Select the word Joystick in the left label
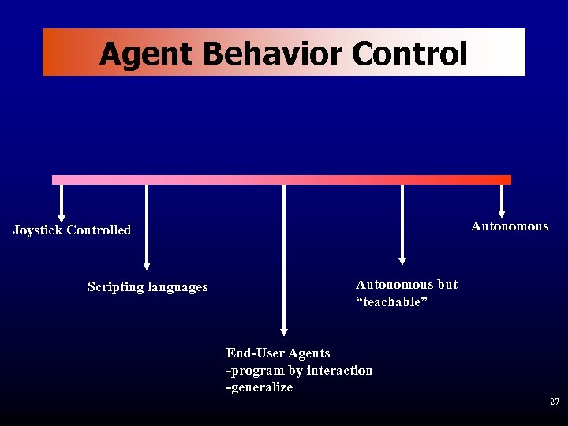pyautogui.click(x=37, y=230)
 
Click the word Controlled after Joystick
pyautogui.click(x=99, y=230)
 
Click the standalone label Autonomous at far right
pyautogui.click(x=510, y=226)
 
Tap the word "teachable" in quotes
pyautogui.click(x=391, y=303)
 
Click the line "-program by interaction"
pyautogui.click(x=299, y=371)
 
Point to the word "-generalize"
pyautogui.click(x=260, y=387)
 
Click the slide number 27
pyautogui.click(x=555, y=402)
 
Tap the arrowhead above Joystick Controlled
pyautogui.click(x=62, y=218)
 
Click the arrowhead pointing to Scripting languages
pyautogui.click(x=146, y=266)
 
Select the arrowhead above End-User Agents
pyautogui.click(x=284, y=332)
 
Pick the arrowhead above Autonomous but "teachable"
pyautogui.click(x=402, y=260)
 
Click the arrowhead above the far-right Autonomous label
pyautogui.click(x=502, y=211)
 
